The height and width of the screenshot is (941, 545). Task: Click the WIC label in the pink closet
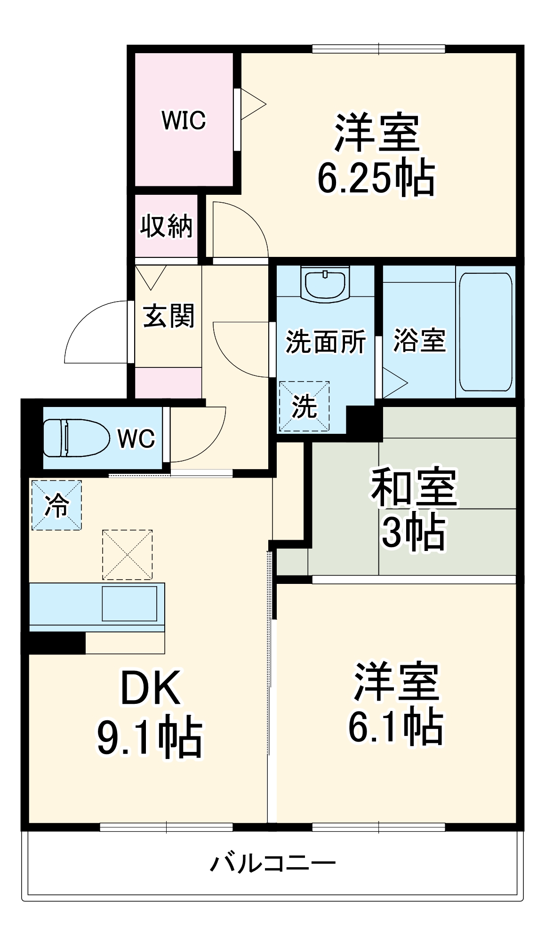(184, 120)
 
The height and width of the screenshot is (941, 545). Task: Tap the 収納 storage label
(167, 226)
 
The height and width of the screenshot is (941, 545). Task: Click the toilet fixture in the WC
(75, 438)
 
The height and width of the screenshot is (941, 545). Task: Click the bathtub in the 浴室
(486, 332)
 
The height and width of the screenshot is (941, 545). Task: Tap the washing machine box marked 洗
(304, 406)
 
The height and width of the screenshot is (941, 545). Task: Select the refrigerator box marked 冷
(56, 505)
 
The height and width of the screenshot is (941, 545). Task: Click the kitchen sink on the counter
(129, 604)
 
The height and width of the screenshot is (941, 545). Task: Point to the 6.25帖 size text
(376, 178)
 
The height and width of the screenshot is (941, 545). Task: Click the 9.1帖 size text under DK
(150, 738)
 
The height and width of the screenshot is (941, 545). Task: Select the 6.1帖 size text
(395, 727)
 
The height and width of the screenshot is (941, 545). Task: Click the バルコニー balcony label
(273, 863)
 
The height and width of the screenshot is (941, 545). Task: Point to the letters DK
(151, 688)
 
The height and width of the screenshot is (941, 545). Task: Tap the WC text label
(136, 439)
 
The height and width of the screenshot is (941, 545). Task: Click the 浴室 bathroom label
(419, 340)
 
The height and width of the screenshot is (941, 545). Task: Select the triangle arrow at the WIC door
(253, 104)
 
